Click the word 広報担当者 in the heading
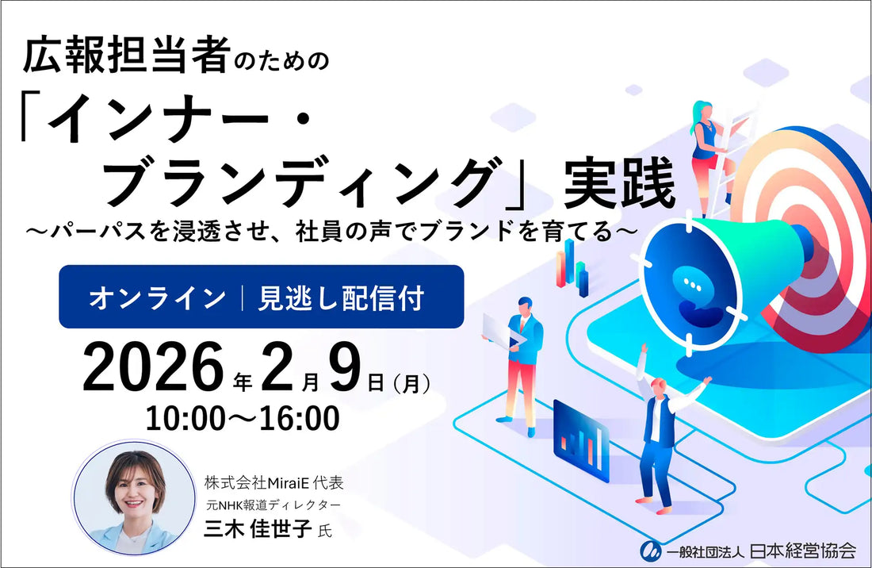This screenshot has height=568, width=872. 128,58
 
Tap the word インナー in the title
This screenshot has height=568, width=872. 182,125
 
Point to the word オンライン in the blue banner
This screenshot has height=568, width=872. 157,297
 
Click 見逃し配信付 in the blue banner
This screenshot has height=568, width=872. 341,297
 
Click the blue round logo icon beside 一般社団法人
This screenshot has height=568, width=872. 652,549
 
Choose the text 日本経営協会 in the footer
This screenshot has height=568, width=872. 812,549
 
